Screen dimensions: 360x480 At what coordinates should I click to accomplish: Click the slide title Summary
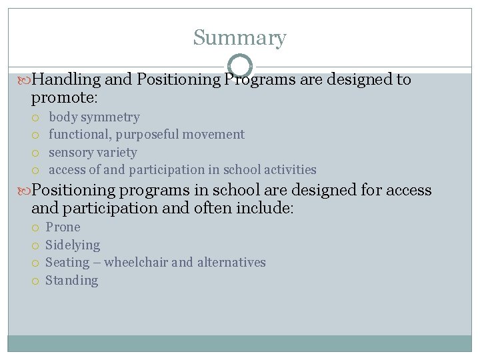pos(239,38)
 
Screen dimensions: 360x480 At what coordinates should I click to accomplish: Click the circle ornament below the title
pos(240,66)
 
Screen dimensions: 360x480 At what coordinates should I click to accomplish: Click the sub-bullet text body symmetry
pos(94,117)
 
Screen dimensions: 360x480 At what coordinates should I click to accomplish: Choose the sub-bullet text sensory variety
pos(93,152)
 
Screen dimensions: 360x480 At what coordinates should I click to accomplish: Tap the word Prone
pos(63,227)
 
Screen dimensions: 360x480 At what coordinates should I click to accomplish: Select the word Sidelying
pos(73,245)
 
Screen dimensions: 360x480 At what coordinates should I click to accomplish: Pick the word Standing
pos(71,280)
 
